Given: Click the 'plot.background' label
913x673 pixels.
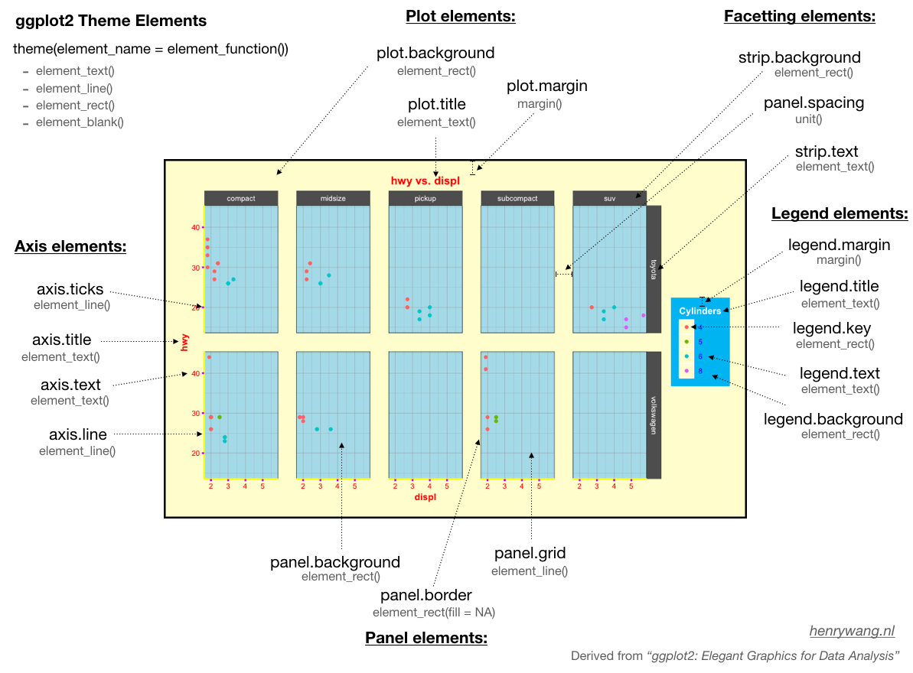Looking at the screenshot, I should [x=435, y=54].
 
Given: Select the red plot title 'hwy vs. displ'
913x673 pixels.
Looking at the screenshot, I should [x=426, y=180].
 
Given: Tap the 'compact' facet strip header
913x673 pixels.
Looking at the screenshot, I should [x=241, y=199].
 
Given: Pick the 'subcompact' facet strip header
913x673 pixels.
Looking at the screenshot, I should [x=517, y=199].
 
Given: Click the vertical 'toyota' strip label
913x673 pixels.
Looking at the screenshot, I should [x=654, y=269].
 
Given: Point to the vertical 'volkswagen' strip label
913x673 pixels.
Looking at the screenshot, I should [x=654, y=415].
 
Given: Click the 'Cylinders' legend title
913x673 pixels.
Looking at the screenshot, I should [x=699, y=311].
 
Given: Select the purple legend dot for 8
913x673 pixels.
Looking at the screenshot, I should [x=686, y=371].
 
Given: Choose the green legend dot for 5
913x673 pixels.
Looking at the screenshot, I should [x=686, y=341].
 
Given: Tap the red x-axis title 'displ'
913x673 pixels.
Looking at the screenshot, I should [x=426, y=497].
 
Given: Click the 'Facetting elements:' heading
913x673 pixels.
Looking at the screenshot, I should [x=799, y=17].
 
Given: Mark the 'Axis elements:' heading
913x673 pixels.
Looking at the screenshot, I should [x=70, y=246].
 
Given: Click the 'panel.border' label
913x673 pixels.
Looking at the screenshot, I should [x=426, y=595].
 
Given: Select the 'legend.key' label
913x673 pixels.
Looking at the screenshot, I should [x=831, y=329].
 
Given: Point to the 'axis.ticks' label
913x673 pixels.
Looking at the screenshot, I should [x=70, y=290].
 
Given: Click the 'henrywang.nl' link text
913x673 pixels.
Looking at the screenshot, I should [x=852, y=632].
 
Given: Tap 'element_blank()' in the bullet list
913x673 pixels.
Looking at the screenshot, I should [x=80, y=122].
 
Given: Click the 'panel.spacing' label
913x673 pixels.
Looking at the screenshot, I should [x=814, y=103].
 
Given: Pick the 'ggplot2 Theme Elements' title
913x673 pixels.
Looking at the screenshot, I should [x=111, y=21].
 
